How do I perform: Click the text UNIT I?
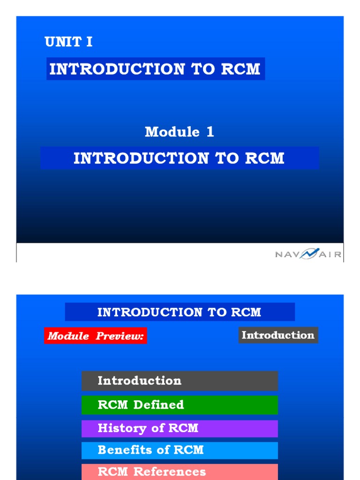(x=68, y=42)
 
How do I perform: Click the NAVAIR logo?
(x=308, y=255)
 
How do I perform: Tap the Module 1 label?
(x=179, y=132)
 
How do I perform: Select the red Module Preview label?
(x=96, y=336)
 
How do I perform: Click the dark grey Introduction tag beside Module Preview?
(x=278, y=335)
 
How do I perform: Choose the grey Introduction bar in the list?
(x=180, y=381)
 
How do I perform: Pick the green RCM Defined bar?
(x=180, y=405)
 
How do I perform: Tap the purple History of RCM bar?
(x=180, y=428)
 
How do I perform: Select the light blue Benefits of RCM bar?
(x=180, y=450)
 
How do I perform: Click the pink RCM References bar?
(x=180, y=472)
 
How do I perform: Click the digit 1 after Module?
(x=210, y=132)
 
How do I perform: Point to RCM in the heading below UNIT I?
(x=240, y=69)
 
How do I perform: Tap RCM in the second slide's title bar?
(x=246, y=312)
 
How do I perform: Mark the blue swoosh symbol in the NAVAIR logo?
(x=309, y=254)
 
